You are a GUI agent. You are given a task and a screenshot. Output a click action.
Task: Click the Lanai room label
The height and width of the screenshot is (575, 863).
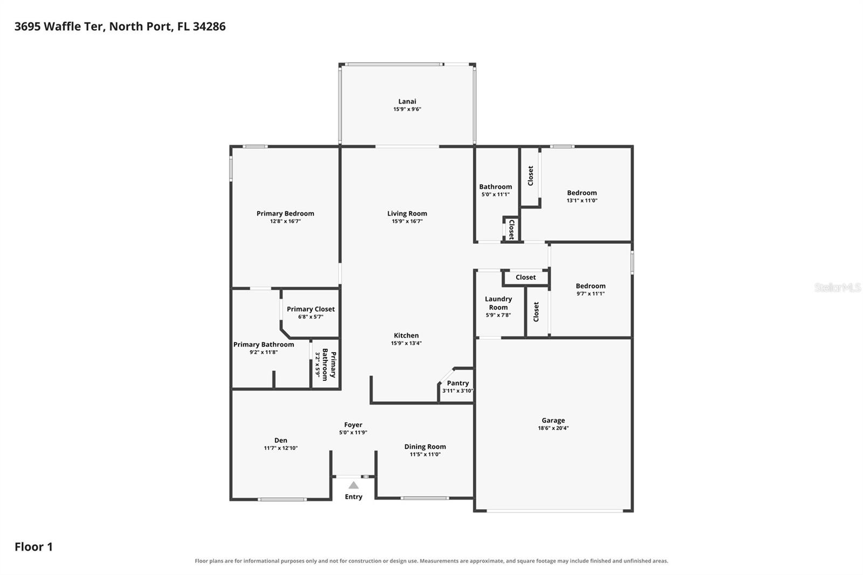(407, 101)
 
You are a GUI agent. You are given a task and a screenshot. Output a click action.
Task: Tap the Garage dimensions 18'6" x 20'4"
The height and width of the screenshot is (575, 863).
(553, 428)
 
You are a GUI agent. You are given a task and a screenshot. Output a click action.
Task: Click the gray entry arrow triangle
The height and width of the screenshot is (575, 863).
(353, 485)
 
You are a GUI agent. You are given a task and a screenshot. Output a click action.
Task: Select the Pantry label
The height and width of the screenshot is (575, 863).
(458, 383)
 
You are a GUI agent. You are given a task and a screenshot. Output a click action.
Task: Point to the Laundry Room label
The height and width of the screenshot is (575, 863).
(498, 303)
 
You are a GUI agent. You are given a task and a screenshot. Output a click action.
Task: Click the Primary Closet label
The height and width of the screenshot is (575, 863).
(311, 309)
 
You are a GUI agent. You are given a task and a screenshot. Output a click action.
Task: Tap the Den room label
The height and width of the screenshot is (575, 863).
(280, 440)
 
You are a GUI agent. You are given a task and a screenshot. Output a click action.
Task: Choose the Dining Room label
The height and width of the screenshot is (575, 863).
(425, 447)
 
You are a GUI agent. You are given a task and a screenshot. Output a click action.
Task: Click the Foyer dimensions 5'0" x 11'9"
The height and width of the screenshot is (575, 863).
(353, 433)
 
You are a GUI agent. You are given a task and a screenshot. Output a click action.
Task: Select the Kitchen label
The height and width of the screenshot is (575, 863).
(406, 336)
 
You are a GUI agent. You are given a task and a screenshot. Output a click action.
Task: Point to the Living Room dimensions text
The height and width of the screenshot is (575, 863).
(407, 221)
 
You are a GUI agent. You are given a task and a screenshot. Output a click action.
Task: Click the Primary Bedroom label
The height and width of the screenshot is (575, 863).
(285, 214)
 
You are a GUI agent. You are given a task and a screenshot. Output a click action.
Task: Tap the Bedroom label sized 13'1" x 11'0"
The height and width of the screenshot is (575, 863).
(582, 193)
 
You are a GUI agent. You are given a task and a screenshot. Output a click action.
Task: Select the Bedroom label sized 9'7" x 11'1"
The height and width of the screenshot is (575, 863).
(590, 286)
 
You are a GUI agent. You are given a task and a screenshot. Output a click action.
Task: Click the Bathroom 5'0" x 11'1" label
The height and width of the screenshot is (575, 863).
(496, 187)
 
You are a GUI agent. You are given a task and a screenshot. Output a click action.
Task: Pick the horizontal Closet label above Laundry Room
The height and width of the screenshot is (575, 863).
(525, 277)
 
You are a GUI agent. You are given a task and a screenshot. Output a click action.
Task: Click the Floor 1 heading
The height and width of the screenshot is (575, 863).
(33, 547)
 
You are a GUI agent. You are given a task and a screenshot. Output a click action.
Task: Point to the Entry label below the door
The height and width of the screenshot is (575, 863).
(353, 497)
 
